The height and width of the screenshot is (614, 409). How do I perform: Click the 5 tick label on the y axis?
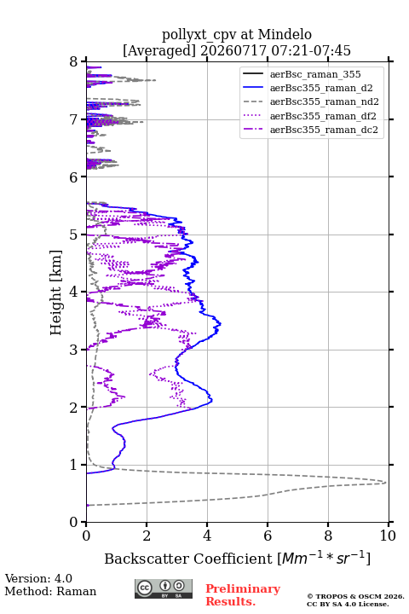pos(73,235)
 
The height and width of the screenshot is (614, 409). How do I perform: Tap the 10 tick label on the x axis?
pos(388,536)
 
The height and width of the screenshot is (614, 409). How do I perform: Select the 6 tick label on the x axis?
pos(268,536)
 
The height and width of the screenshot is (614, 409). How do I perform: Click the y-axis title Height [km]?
pos(55,293)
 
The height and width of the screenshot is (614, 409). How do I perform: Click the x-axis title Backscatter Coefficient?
pos(187,559)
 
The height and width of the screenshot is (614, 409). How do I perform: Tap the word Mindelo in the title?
pos(285,34)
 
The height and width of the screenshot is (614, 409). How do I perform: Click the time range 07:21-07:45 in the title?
pos(310,50)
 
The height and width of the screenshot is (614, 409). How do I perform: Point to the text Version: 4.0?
pos(38,578)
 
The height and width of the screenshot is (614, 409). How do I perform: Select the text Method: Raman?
pos(50,591)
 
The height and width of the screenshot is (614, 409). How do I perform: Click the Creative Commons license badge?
pos(164,588)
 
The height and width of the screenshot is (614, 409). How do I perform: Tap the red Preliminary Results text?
pos(243,595)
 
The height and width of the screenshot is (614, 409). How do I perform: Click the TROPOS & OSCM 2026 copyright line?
pos(355,596)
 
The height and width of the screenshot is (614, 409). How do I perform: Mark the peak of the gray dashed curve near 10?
pos(385,482)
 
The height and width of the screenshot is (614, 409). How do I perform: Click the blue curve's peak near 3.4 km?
pos(221,324)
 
